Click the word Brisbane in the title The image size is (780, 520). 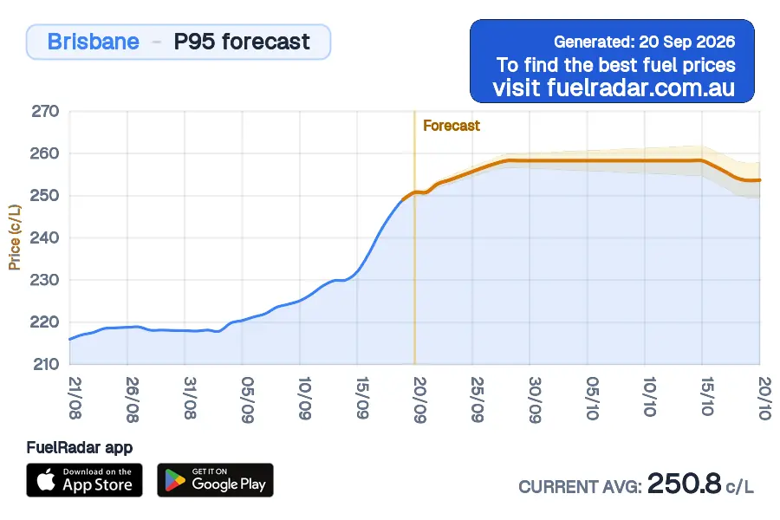tap(93, 42)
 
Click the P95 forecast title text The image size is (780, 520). tap(242, 42)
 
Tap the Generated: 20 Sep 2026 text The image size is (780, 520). tap(644, 42)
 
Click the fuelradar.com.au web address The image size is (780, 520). tap(640, 88)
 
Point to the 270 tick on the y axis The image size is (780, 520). tap(45, 111)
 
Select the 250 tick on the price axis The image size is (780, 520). tap(45, 196)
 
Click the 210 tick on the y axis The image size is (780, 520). tap(46, 364)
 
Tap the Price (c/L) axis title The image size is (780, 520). tap(15, 237)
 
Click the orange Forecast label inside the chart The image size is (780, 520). tap(452, 126)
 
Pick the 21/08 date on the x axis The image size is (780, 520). tap(75, 398)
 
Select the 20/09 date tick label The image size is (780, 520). tap(420, 400)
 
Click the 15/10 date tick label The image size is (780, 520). tap(707, 396)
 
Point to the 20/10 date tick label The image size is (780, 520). tap(765, 398)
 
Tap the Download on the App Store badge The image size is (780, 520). tap(85, 480)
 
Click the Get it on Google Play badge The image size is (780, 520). tap(216, 480)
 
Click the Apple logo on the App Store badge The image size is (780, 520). tap(46, 479)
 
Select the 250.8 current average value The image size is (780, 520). tap(685, 484)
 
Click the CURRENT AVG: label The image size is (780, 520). tap(580, 487)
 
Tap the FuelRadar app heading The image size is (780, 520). tap(80, 448)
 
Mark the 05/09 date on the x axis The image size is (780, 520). tap(248, 400)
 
